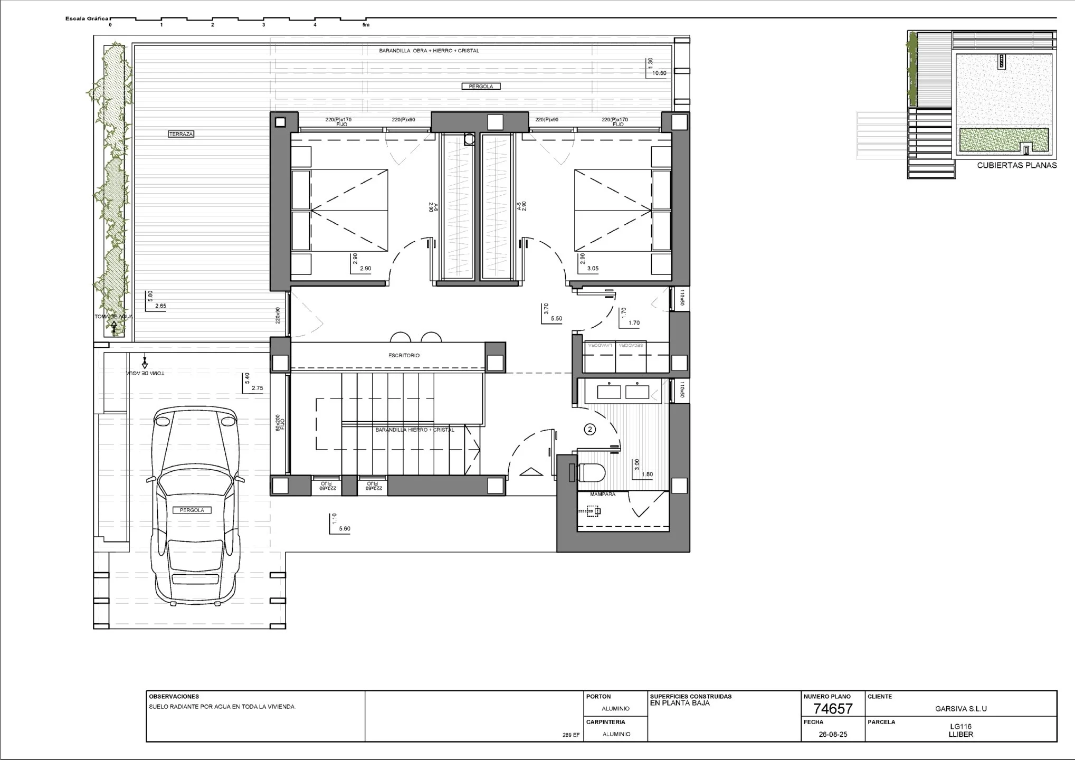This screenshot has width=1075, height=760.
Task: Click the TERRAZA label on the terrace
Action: (x=181, y=134)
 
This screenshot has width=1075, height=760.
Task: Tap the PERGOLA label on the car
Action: (x=192, y=510)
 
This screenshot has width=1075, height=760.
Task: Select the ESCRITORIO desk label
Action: (x=404, y=356)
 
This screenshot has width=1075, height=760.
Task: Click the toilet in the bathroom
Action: (x=592, y=473)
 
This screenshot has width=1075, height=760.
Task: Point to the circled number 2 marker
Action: (x=590, y=430)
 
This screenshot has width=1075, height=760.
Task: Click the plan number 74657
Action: (x=833, y=709)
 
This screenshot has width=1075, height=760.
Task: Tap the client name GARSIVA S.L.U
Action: (x=960, y=709)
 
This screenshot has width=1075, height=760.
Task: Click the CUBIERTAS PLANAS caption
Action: (x=1016, y=165)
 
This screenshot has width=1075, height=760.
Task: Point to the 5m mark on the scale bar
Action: (x=366, y=25)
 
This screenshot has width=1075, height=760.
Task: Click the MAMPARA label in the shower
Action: (x=602, y=495)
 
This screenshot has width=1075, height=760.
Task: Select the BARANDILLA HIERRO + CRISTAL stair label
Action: (x=414, y=430)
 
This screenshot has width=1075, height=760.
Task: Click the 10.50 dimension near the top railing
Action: (x=659, y=73)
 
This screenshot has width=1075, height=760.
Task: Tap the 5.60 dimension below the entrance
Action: (x=345, y=528)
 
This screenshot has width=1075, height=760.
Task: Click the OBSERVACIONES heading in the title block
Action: (x=174, y=697)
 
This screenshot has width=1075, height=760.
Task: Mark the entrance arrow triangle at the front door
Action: (x=531, y=472)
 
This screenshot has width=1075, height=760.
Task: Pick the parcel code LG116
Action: (x=960, y=727)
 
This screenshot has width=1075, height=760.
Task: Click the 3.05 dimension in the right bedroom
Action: (x=593, y=269)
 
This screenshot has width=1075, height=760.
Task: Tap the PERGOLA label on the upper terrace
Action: (x=481, y=86)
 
